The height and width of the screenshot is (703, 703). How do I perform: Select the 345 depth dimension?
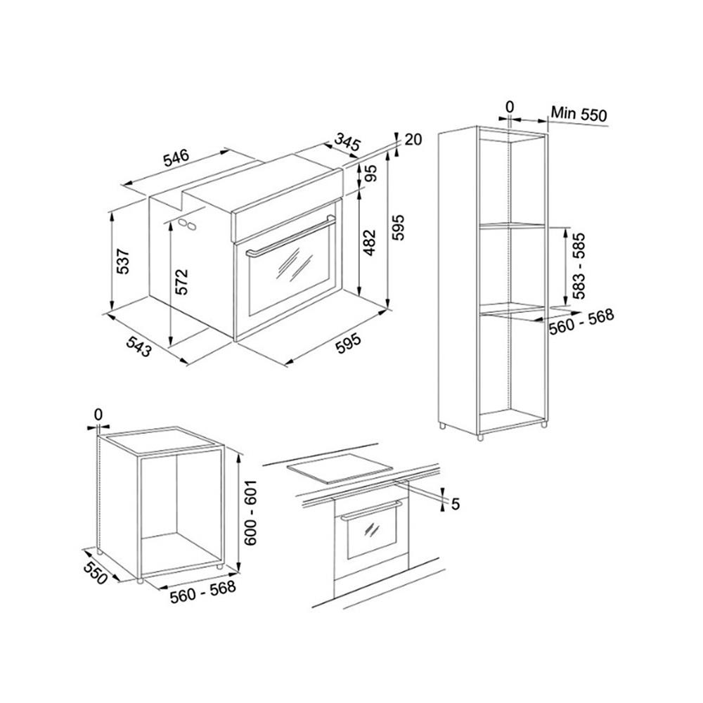pos(347,143)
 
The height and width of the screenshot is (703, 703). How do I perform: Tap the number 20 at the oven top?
pos(413,139)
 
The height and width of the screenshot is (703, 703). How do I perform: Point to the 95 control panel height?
pos(371,173)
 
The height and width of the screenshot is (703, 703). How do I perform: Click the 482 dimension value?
pos(369,243)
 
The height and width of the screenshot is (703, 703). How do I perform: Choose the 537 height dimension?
pos(122,261)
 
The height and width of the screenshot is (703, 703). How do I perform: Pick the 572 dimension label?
pos(181,282)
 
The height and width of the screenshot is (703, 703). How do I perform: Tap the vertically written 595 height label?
pos(398,228)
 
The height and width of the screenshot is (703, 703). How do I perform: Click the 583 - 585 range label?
pos(579,266)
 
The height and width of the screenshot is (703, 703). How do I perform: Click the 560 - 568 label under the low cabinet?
pos(202,592)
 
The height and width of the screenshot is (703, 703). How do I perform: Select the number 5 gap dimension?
pos(455,504)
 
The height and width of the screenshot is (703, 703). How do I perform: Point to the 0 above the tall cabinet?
pos(509,107)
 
